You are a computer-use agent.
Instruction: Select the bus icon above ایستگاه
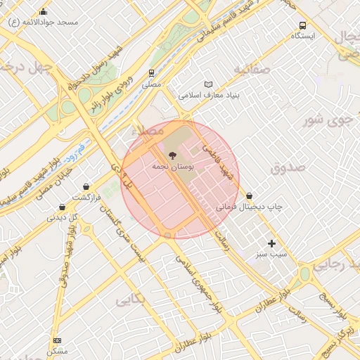(303, 25)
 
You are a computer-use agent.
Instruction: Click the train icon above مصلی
(151, 72)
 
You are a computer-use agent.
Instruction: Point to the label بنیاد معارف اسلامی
(210, 94)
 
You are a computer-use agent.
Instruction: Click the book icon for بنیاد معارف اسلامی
(207, 84)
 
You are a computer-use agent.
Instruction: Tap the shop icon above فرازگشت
(86, 187)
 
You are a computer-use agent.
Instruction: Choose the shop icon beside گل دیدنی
(63, 207)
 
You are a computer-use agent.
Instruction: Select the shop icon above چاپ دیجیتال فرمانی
(250, 195)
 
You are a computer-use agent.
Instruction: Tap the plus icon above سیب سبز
(271, 243)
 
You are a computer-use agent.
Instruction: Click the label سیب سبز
(271, 253)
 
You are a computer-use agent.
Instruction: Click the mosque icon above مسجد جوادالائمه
(44, 11)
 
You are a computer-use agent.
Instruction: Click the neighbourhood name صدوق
(287, 167)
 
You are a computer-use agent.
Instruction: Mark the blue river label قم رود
(72, 150)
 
